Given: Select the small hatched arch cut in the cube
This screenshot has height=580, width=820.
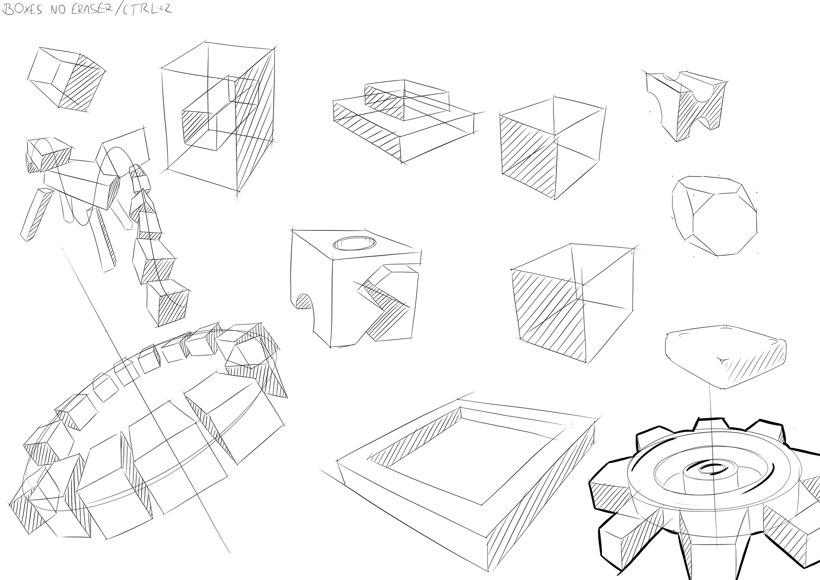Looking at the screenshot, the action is coord(304,301).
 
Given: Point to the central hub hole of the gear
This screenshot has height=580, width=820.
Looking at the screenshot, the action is coord(711,469).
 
